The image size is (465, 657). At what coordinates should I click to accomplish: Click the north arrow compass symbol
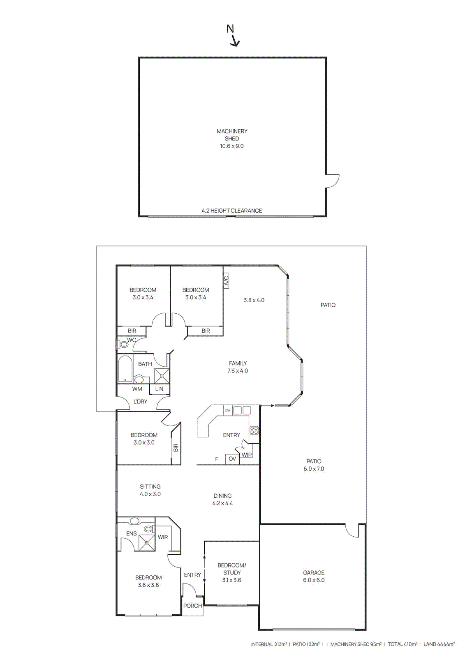233,35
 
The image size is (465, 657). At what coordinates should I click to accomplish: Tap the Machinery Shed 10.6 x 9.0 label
232,138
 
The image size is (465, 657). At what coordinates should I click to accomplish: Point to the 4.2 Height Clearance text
231,211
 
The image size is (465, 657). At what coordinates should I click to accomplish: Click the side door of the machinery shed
332,181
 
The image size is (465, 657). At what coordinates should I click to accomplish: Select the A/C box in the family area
226,281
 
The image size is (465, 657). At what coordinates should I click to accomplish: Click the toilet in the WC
123,344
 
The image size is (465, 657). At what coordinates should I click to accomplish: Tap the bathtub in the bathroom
125,368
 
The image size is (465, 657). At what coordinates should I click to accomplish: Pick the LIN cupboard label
159,389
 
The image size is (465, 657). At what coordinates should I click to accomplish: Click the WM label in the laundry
137,389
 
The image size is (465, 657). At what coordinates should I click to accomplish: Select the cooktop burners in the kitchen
254,430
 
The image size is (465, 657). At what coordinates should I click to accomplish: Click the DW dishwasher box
228,410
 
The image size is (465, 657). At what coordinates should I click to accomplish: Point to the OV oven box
232,459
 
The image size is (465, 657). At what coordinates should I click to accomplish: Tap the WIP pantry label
247,455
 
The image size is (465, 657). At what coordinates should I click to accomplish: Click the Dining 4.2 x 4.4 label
222,499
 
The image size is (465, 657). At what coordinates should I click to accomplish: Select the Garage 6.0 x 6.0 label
314,576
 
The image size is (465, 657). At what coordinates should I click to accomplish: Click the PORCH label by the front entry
192,606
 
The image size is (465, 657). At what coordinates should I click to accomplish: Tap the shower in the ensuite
147,542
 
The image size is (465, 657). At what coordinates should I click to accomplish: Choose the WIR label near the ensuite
163,537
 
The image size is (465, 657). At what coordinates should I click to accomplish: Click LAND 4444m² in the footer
439,644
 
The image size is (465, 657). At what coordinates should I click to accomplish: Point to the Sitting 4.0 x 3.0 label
150,490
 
